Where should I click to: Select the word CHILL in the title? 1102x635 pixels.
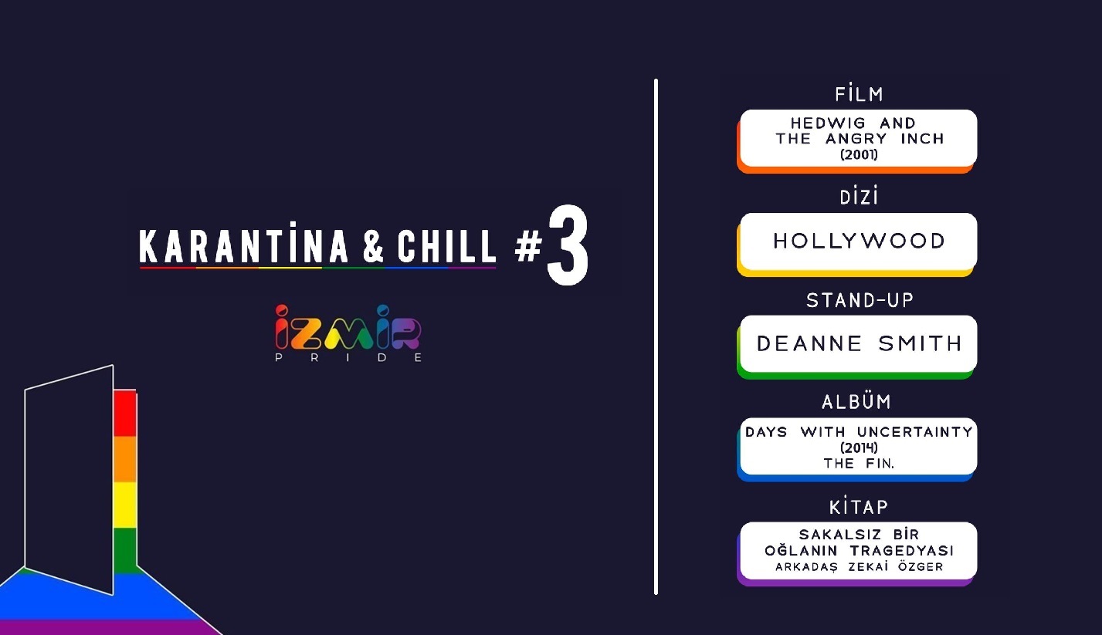click(x=447, y=247)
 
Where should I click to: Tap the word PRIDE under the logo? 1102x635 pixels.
click(x=348, y=358)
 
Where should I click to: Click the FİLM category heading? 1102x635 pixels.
click(x=859, y=95)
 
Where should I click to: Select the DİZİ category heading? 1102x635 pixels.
click(x=859, y=198)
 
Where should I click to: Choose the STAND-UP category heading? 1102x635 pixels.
click(x=859, y=300)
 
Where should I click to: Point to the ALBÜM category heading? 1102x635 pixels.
click(x=856, y=402)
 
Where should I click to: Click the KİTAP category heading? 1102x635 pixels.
click(x=858, y=507)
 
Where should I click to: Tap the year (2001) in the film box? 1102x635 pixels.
click(x=859, y=154)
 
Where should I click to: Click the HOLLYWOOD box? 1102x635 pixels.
click(x=859, y=241)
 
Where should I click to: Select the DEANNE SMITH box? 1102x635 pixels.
click(x=859, y=343)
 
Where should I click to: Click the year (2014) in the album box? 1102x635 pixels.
click(x=859, y=448)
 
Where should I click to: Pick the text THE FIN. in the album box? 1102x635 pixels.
click(x=859, y=463)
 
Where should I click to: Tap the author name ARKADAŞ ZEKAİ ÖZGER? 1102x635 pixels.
click(x=859, y=567)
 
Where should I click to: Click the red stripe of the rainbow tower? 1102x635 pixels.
click(x=124, y=414)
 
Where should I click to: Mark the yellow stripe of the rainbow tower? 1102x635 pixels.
click(x=124, y=505)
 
